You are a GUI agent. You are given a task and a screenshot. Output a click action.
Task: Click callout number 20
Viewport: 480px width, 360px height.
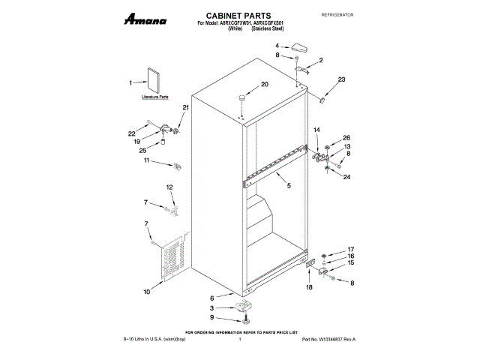tap(264, 84)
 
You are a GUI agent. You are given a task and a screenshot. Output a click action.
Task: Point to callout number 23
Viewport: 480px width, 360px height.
tap(341, 79)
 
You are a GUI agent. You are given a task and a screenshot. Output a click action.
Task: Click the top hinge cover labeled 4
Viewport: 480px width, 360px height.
tap(302, 46)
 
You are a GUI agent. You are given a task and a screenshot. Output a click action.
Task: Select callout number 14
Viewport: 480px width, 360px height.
tap(316, 130)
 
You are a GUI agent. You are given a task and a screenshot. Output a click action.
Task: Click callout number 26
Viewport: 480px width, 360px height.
tap(346, 137)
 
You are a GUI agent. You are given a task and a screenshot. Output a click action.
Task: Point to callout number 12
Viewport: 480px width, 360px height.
tap(169, 187)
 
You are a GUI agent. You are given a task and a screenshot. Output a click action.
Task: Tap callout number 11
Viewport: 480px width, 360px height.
tap(147, 160)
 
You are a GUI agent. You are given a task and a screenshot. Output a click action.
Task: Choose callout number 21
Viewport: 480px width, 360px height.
tap(186, 108)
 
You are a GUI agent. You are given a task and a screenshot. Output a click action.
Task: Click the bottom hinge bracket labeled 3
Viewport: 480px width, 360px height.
tap(243, 306)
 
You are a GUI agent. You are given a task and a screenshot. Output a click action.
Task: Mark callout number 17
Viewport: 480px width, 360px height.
tap(349, 250)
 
